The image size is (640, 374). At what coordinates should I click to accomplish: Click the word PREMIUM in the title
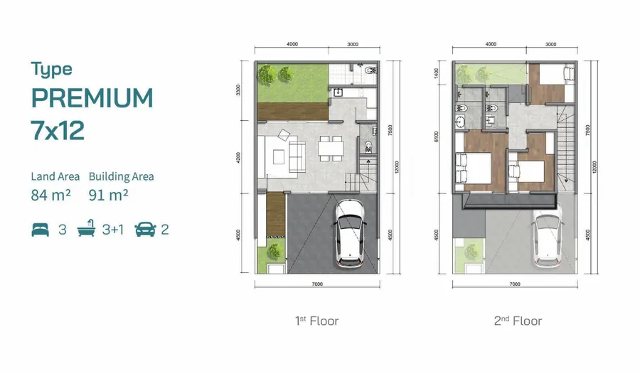coord(92,97)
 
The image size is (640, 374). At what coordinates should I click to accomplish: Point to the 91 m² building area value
coord(107,194)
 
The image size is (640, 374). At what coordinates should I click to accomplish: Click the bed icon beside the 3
coord(41,229)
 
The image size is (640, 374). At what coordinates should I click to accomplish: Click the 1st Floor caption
coord(316,321)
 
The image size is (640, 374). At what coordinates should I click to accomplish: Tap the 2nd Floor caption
coord(518,321)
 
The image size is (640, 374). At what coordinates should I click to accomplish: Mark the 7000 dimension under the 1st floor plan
coord(317,284)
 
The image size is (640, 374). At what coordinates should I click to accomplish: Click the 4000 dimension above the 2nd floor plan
coord(490,44)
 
